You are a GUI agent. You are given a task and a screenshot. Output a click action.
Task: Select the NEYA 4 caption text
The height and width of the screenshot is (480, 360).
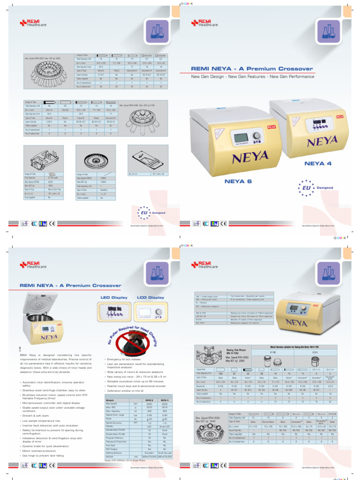(x=318, y=164)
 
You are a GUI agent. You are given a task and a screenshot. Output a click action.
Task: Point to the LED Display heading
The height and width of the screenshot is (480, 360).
(x=113, y=297)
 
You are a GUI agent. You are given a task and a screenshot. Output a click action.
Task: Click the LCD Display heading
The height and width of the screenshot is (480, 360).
(x=150, y=297)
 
